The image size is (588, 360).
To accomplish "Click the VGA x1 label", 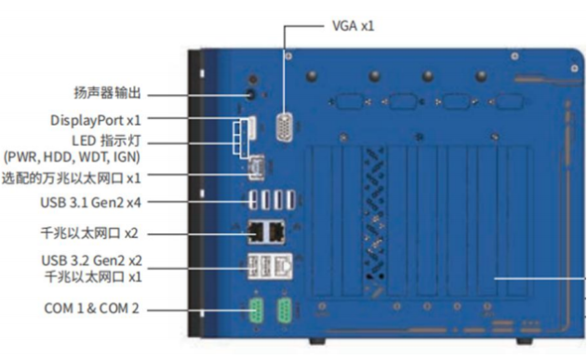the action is (x=353, y=26).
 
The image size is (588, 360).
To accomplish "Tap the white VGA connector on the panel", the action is (x=285, y=127).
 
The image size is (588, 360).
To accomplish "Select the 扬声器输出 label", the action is (x=107, y=93).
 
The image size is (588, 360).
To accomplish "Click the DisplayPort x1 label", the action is (x=96, y=120).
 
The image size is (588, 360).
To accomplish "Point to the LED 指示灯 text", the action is (x=106, y=141).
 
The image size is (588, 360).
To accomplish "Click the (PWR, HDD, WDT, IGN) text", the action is (x=72, y=157).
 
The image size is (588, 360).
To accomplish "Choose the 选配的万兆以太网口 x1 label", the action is (x=72, y=178).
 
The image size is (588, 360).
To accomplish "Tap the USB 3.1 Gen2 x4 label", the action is (x=90, y=203).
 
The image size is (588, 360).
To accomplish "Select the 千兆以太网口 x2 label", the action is (x=89, y=233).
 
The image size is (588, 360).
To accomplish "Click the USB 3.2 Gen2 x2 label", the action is (x=91, y=260).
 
